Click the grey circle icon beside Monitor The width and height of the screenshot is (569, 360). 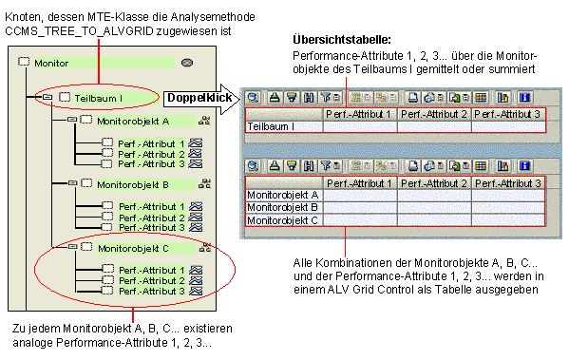click(x=187, y=63)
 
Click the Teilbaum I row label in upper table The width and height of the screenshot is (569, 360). click(x=279, y=126)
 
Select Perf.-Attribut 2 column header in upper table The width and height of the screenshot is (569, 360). click(x=433, y=114)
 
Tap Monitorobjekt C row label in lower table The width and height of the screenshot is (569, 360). click(x=282, y=220)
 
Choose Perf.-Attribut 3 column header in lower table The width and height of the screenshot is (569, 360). click(x=507, y=182)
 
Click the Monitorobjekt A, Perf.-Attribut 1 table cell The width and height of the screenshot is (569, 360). click(x=359, y=195)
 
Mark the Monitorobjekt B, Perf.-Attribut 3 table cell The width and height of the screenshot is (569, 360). click(x=507, y=207)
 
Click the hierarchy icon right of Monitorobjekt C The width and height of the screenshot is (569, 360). click(x=202, y=248)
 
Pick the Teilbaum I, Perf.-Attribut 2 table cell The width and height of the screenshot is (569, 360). click(x=433, y=126)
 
